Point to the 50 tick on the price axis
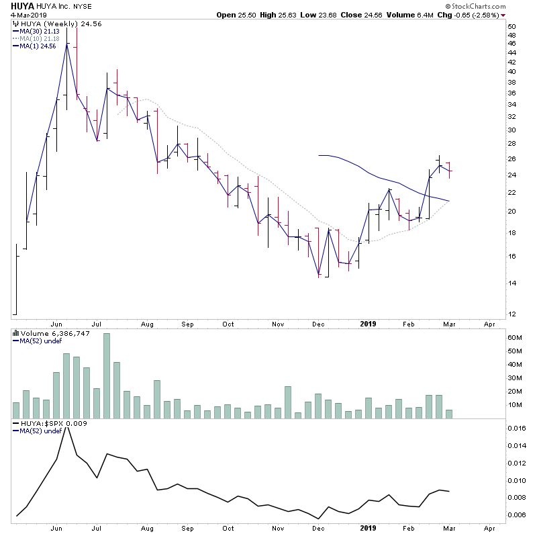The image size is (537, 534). point(511,27)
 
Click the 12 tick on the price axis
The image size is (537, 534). point(511,314)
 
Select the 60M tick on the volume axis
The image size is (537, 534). point(515,337)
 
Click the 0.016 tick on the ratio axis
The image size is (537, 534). point(516,429)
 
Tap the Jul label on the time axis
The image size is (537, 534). point(98,324)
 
